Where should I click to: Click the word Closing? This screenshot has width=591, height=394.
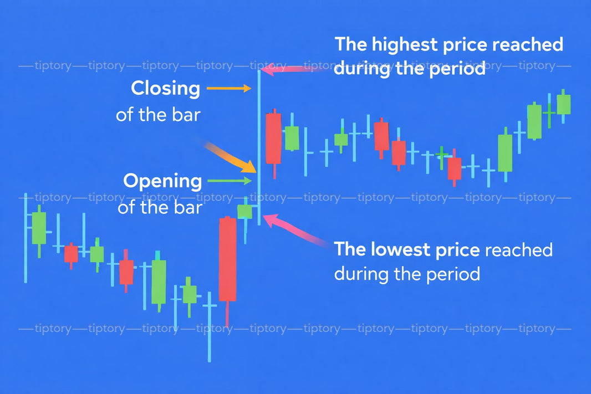point(165,89)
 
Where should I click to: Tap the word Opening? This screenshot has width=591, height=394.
point(162,181)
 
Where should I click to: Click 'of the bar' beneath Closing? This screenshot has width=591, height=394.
point(157,115)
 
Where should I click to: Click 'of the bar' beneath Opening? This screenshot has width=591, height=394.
point(160,207)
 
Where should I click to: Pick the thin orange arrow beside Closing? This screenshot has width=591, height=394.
point(228,88)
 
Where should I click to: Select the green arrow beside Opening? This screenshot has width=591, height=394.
point(228,181)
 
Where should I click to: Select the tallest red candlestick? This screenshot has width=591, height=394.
point(227,259)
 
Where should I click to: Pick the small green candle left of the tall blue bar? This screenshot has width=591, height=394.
point(244,211)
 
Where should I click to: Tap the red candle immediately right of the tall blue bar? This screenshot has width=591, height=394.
point(273,139)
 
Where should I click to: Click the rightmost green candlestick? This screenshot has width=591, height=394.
point(563,104)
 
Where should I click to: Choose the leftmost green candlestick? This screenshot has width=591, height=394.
point(39,228)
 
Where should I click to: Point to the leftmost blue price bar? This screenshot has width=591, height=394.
point(25,238)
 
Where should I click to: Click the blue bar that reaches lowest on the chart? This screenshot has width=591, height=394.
point(210,327)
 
